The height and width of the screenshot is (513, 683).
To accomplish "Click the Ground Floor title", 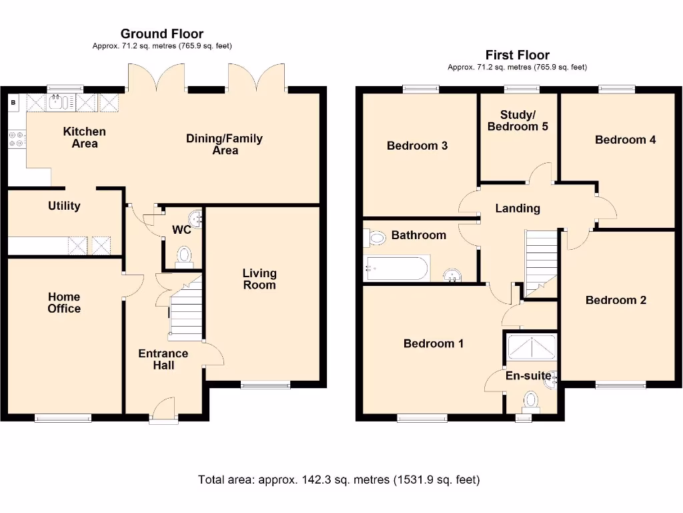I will [x=162, y=33].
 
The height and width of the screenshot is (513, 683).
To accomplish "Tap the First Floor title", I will [x=517, y=55].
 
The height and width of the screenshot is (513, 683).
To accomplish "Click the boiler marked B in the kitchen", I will [x=14, y=102].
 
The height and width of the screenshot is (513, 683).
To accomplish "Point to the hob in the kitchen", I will [x=16, y=138].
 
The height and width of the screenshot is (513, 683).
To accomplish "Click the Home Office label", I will [x=64, y=303].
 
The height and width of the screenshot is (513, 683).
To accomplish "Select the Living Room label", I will [x=259, y=279].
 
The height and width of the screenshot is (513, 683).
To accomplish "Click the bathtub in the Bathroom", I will [x=396, y=269].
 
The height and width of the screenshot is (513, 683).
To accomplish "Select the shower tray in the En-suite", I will [x=532, y=346].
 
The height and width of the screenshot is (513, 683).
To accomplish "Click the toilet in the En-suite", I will [x=531, y=400].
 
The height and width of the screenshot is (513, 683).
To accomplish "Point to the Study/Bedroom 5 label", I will [x=518, y=120].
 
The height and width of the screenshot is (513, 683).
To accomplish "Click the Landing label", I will [x=518, y=208].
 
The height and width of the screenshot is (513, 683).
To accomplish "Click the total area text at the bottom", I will [x=339, y=480].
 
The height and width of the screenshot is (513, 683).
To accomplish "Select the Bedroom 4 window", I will [x=617, y=88].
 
